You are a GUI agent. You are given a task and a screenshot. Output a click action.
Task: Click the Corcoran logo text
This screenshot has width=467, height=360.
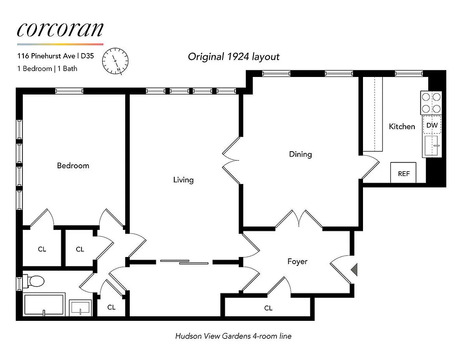click(x=60, y=29)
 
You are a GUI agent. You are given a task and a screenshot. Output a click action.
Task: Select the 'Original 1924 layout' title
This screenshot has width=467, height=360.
click(x=233, y=57)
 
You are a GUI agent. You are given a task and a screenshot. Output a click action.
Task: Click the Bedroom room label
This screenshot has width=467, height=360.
click(x=73, y=166)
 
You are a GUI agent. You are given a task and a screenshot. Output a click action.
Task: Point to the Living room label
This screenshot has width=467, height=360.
click(x=183, y=180)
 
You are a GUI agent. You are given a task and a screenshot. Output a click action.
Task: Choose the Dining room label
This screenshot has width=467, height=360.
click(x=300, y=154)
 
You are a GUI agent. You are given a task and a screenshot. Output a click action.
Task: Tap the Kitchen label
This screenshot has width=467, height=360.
click(x=402, y=126)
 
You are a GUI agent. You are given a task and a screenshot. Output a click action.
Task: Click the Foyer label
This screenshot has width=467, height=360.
click(x=297, y=261)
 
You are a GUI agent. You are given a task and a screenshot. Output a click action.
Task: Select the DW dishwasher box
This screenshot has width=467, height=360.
click(x=432, y=126)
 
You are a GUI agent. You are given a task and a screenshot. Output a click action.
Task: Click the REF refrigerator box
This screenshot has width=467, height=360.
click(x=404, y=173)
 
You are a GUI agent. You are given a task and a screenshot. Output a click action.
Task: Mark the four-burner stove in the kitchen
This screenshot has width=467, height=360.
click(x=431, y=103)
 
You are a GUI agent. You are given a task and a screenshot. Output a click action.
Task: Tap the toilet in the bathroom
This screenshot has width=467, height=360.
click(x=35, y=281)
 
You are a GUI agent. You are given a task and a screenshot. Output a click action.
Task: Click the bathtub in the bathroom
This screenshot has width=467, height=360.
click(x=44, y=305)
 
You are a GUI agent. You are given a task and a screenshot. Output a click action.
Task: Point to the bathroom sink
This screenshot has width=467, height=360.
click(x=81, y=308)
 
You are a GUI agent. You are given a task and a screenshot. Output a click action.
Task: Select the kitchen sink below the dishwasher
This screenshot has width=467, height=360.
click(x=432, y=146)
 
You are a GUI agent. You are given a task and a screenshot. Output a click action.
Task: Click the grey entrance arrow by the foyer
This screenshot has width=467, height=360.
click(x=354, y=270)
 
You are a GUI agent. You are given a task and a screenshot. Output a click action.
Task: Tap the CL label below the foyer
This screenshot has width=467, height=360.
click(x=268, y=308)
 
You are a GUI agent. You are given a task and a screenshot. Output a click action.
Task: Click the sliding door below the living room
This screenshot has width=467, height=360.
click(x=185, y=261)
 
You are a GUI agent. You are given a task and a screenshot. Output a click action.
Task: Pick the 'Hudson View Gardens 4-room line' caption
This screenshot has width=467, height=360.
click(x=233, y=336)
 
